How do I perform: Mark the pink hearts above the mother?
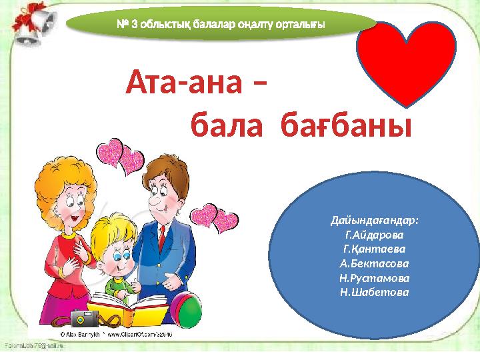tap(120, 158)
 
